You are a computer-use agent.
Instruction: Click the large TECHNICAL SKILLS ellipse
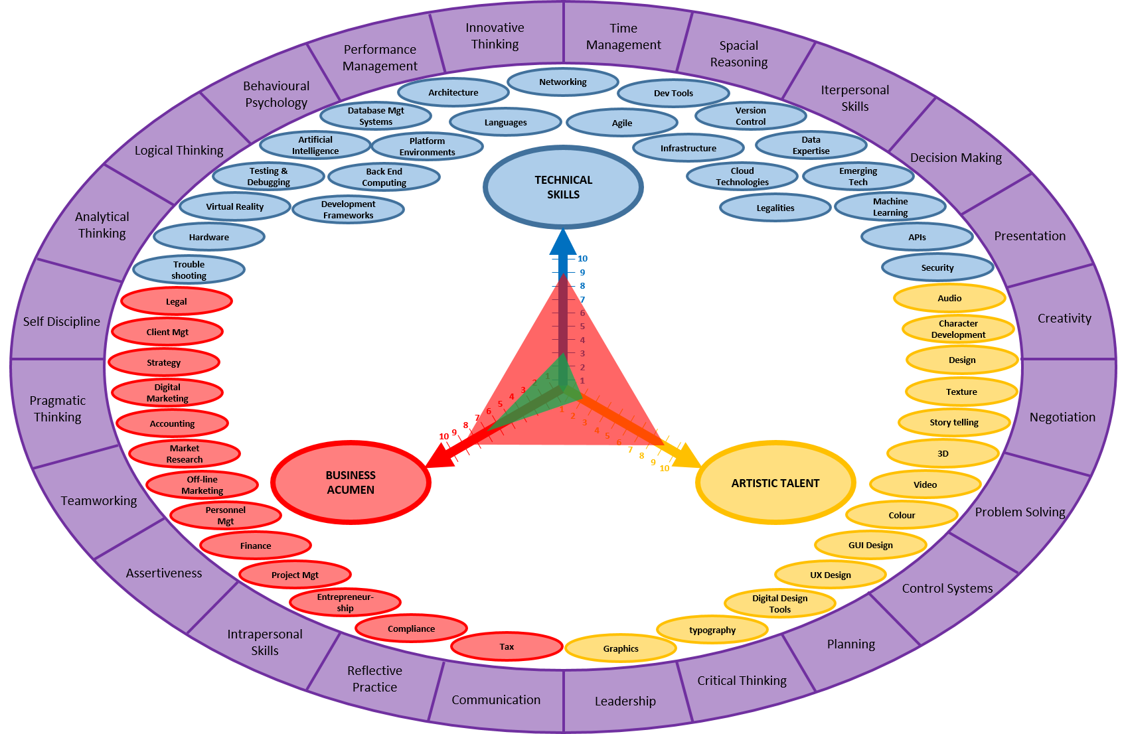pos(563,187)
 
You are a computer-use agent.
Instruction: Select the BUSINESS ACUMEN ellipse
pos(351,482)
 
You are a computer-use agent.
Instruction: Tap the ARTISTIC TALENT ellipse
pos(775,483)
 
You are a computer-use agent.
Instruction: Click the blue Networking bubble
pos(563,82)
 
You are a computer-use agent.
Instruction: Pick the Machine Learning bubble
pos(890,207)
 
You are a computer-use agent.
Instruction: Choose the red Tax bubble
pos(507,646)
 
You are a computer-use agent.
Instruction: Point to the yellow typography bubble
pos(712,630)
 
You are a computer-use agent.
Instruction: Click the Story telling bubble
pos(954,422)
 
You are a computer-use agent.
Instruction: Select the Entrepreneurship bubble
pos(345,603)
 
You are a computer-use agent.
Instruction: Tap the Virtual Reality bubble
pos(235,207)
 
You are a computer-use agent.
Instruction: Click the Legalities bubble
pos(775,208)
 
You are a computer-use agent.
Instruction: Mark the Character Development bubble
pos(958,329)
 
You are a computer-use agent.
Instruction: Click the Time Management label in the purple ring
pos(623,37)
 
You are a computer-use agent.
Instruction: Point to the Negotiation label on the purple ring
pos(1062,417)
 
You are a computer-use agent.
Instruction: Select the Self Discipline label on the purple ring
pos(62,322)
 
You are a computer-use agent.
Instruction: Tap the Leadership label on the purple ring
pos(625,701)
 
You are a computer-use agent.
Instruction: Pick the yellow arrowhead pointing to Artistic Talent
pos(688,457)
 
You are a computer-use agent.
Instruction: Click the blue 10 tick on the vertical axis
pos(582,259)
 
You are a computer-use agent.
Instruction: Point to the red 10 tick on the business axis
pos(443,437)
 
